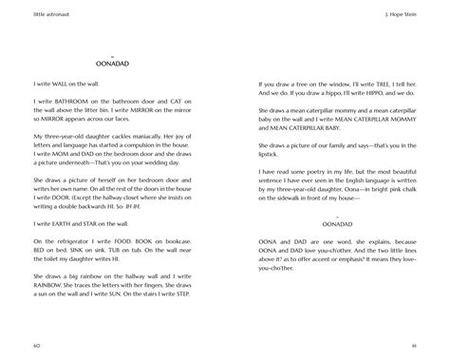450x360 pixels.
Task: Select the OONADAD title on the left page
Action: coord(114,67)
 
